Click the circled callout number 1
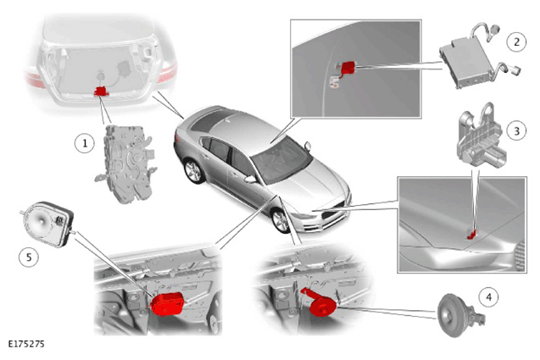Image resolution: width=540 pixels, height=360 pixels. click(x=85, y=143)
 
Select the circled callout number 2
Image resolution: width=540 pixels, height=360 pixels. click(x=516, y=42)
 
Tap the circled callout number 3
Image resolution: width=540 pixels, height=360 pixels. click(x=516, y=130)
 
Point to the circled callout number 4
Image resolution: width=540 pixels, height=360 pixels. click(x=488, y=297)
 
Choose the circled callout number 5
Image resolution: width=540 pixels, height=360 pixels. click(x=29, y=258)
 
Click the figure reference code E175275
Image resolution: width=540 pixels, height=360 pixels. click(x=26, y=344)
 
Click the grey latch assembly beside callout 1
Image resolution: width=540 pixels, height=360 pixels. click(x=126, y=163)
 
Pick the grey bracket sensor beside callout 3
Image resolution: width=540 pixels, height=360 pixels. click(x=480, y=135)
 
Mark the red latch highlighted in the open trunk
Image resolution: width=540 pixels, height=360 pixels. click(x=101, y=91)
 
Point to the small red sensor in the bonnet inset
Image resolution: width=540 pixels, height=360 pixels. click(x=471, y=235)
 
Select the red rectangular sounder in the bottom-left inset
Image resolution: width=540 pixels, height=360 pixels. click(x=167, y=303)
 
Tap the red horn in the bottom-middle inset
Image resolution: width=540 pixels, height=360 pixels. click(x=320, y=304)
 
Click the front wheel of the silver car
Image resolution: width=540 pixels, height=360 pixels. click(x=281, y=220)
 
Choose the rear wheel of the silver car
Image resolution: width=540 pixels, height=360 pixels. click(x=194, y=171)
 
